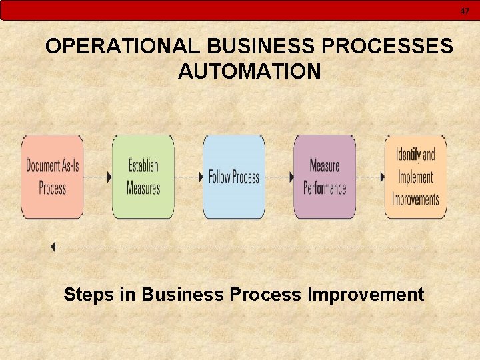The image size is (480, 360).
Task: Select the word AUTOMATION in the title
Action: [249, 71]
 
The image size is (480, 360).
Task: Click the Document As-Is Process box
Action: [53, 177]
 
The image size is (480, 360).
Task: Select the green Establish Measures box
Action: [143, 177]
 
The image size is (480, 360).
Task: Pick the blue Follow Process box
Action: [234, 177]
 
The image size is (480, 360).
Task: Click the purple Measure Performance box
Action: [325, 177]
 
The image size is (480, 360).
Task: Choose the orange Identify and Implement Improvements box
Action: [415, 177]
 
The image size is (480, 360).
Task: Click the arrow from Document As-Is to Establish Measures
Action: [98, 177]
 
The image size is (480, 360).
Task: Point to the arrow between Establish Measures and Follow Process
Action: [189, 177]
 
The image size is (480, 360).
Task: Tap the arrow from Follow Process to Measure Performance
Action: [279, 177]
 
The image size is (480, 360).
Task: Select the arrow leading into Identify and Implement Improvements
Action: [370, 177]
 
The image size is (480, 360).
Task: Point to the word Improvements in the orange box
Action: [415, 199]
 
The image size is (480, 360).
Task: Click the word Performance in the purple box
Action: [325, 188]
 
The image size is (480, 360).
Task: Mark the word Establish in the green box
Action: [143, 165]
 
